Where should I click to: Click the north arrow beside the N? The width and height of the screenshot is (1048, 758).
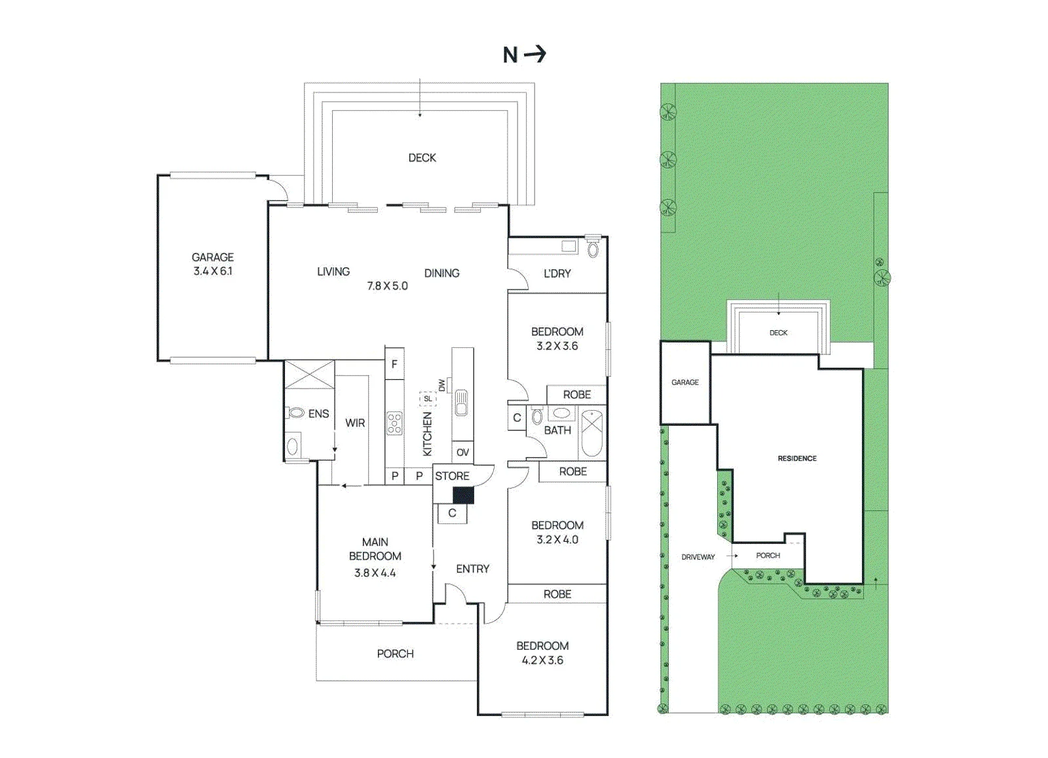tap(534, 54)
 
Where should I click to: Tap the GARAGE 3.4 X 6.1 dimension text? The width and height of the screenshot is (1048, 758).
tap(213, 271)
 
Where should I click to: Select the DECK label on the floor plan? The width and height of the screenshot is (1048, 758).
tap(422, 158)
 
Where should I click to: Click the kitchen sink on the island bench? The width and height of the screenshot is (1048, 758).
tap(461, 404)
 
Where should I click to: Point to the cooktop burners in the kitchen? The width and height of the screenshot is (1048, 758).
tap(394, 423)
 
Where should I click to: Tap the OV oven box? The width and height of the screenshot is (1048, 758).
tap(462, 452)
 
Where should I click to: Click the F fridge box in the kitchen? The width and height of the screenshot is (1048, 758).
tap(394, 364)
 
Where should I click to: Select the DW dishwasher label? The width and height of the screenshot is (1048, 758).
tap(441, 385)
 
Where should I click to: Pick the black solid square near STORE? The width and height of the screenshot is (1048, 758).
tap(463, 495)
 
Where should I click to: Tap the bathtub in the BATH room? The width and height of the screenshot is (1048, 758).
tap(592, 432)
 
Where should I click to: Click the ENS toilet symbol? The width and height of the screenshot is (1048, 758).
tap(295, 413)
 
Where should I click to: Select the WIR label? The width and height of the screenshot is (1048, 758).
tap(355, 423)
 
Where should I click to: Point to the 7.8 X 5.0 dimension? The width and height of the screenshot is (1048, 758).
tap(387, 286)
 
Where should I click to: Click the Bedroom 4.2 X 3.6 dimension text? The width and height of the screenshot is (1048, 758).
tap(543, 660)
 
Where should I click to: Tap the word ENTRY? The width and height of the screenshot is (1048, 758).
tap(472, 569)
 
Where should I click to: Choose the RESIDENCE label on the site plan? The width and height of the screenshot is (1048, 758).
tap(797, 459)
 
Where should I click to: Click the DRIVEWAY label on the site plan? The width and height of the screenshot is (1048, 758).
tap(698, 557)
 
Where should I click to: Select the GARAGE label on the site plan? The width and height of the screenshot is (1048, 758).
tap(685, 382)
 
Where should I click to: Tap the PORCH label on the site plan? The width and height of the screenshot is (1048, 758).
tap(768, 556)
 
